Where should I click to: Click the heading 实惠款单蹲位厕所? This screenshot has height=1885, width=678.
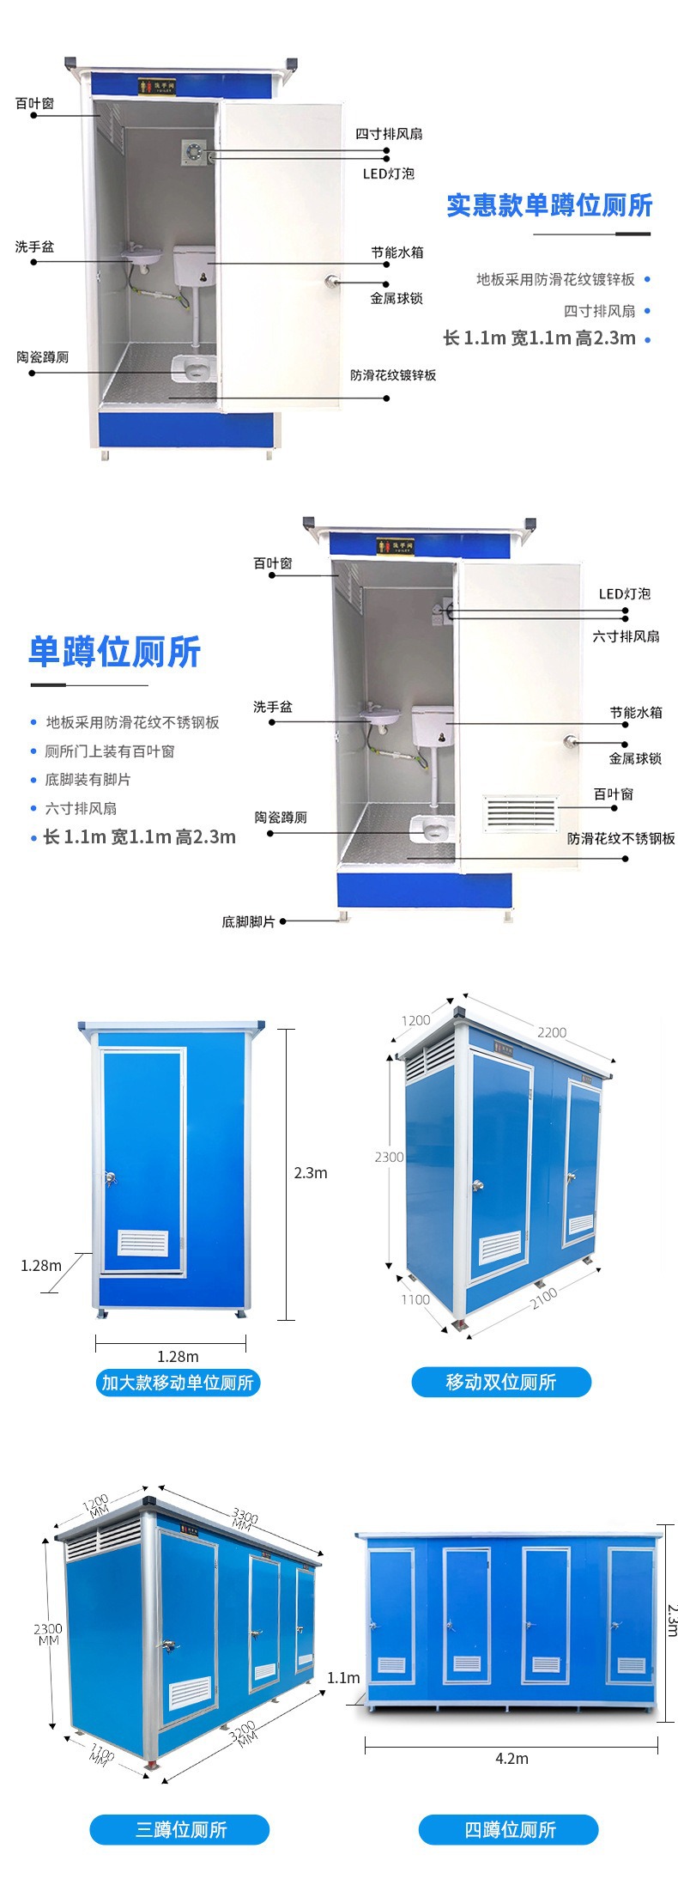[x=549, y=206]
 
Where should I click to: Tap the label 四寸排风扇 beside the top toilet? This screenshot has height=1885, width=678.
[x=389, y=134]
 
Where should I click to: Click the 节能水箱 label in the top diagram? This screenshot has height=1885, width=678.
[x=397, y=252]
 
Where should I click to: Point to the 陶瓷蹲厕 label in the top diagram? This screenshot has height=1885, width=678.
[x=42, y=357]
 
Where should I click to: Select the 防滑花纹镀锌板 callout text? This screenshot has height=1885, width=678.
[x=393, y=375]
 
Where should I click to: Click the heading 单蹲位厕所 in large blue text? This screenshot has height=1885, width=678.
[x=114, y=652]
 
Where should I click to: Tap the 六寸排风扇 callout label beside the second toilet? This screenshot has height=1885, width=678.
[x=626, y=636]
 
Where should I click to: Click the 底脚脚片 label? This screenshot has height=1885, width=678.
[x=248, y=921]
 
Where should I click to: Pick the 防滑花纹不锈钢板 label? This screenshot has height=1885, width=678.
[x=620, y=838]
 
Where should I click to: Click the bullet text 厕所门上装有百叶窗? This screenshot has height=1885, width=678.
[x=109, y=751]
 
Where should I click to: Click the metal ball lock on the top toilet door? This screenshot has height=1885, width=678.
[x=330, y=281]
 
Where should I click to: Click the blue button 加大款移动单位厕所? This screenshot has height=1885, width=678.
[x=178, y=1382]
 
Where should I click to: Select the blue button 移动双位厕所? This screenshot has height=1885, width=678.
[x=501, y=1382]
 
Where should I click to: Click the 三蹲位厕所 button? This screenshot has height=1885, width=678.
[x=180, y=1829]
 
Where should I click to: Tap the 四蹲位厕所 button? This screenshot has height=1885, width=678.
[x=509, y=1829]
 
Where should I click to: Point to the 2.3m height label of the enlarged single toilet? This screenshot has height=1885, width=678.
[x=310, y=1173]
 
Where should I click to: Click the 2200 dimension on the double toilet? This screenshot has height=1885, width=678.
[x=551, y=1032]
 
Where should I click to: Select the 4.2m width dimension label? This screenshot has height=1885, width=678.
[x=512, y=1758]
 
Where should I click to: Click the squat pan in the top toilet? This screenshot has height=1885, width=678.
[x=193, y=368]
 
